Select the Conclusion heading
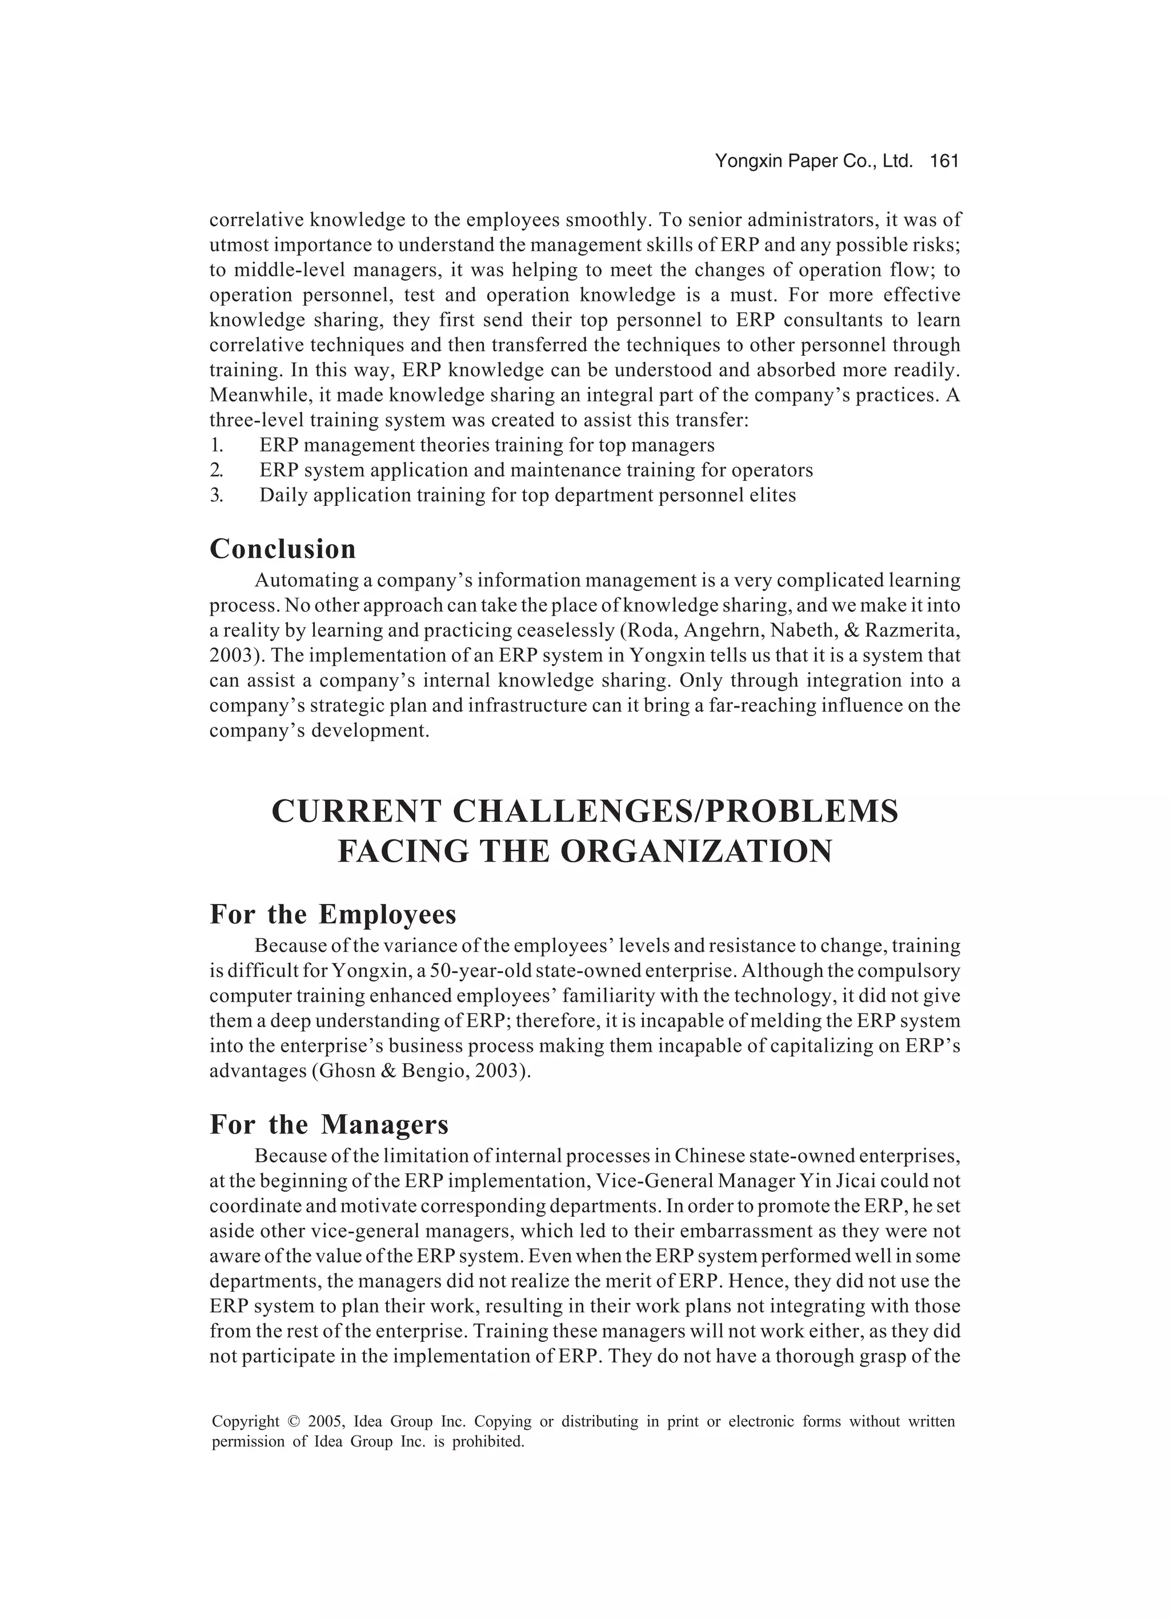click(282, 549)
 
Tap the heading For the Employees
click(332, 914)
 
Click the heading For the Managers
click(328, 1124)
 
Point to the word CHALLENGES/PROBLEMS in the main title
click(675, 811)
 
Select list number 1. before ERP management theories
click(217, 446)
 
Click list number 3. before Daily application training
click(217, 496)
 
